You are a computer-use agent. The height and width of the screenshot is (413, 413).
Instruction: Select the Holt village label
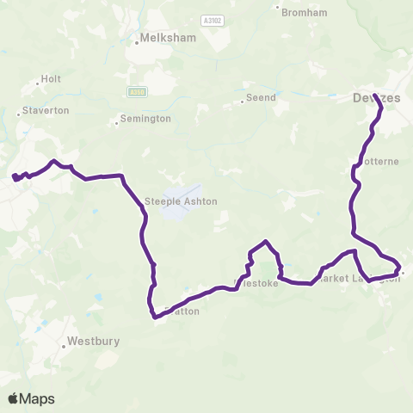pos(51,80)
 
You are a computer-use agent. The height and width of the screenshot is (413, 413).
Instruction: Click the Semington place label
pos(146,119)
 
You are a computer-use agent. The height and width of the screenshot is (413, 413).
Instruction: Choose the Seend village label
pos(262,98)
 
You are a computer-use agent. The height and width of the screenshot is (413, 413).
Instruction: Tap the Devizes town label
pos(377,98)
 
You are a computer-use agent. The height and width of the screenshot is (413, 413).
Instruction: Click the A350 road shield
pos(135,91)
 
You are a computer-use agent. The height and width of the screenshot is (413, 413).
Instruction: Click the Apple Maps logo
pos(31,398)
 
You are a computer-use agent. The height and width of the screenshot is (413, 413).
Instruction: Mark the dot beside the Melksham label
pos(138,39)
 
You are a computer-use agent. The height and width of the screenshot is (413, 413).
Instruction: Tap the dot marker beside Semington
pos(116,123)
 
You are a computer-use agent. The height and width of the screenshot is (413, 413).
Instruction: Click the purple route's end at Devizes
pos(375,85)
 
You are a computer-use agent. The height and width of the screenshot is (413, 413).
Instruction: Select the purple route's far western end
pos(15,178)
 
